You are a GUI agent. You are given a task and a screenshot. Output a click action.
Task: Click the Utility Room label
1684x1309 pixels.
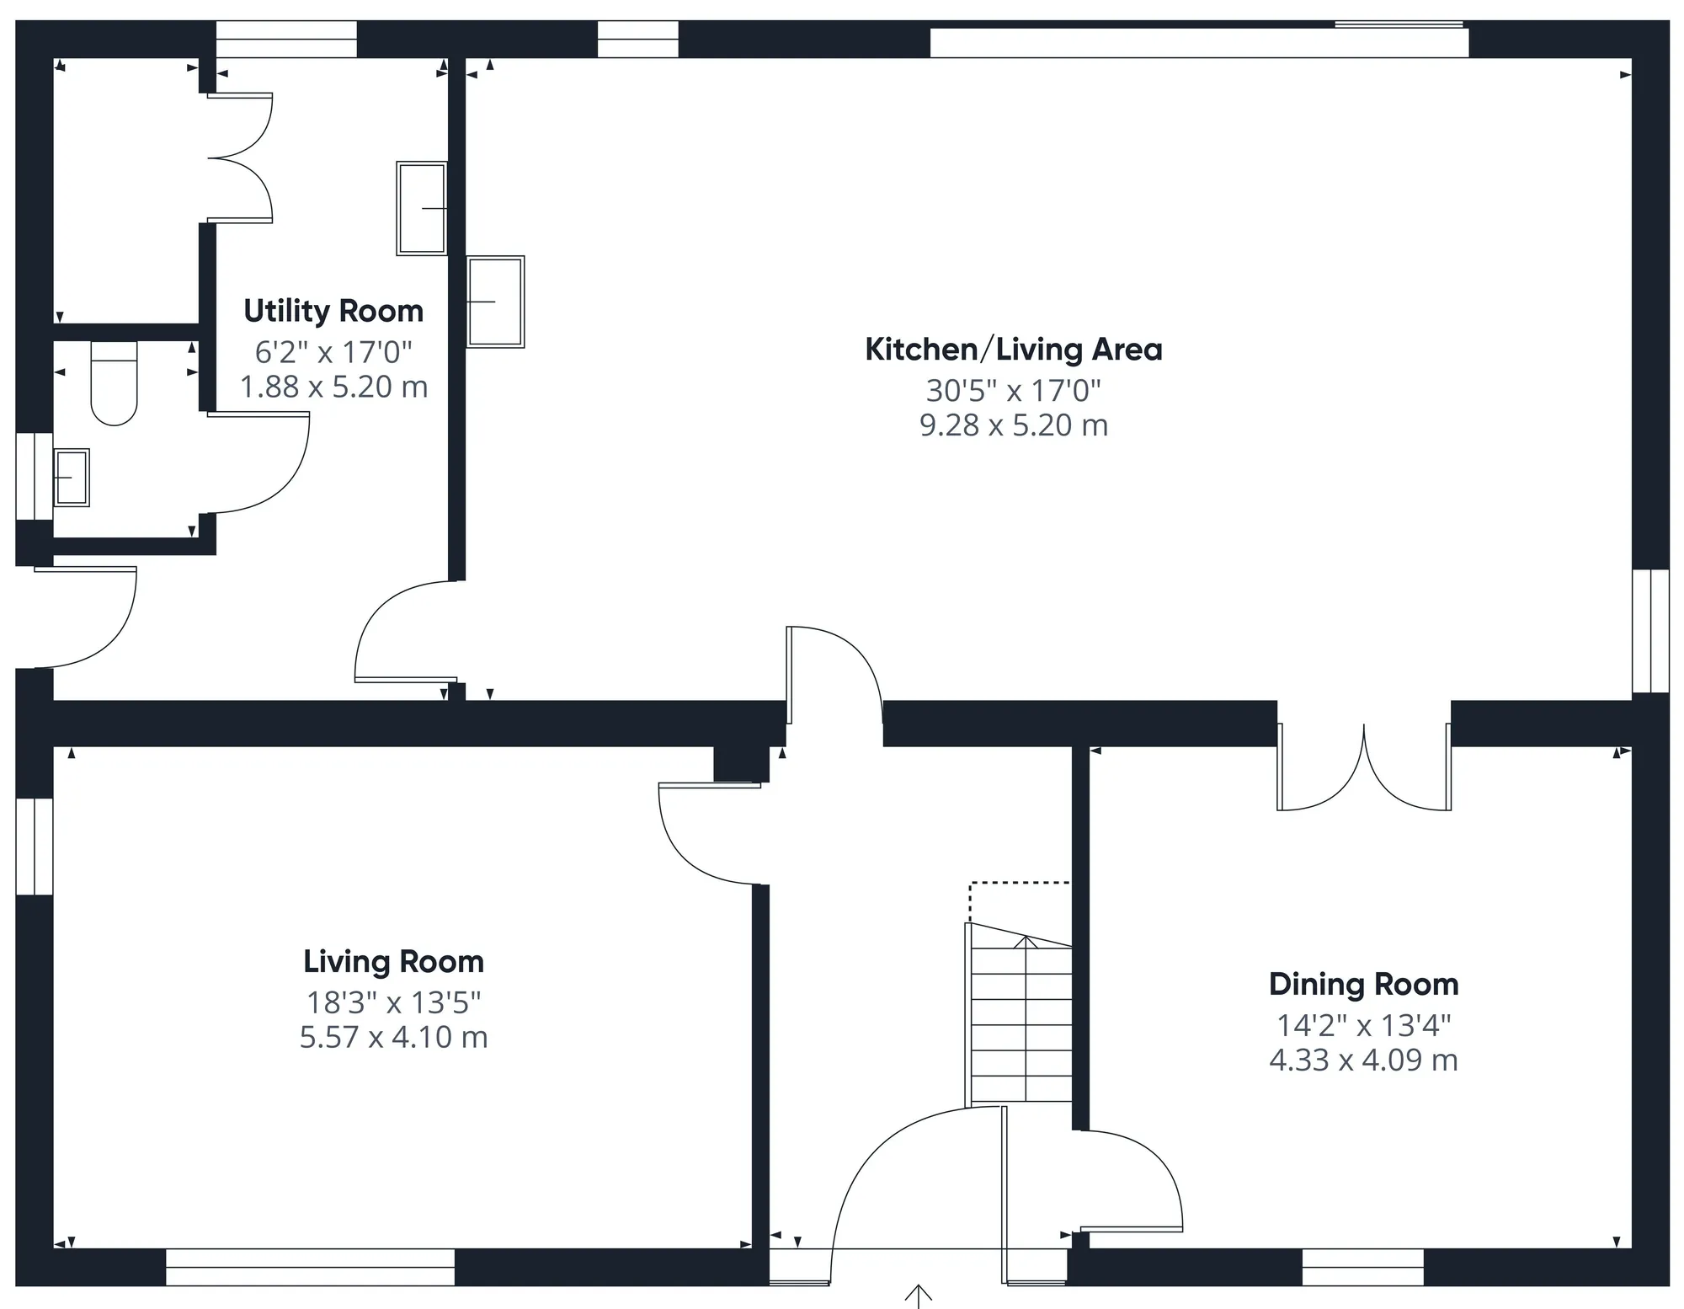tap(333, 311)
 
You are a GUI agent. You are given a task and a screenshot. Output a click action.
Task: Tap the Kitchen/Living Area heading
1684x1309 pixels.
tap(1014, 350)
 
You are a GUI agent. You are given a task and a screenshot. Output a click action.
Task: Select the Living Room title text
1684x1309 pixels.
tap(394, 961)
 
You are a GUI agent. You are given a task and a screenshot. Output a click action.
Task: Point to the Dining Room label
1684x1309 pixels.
tap(1364, 984)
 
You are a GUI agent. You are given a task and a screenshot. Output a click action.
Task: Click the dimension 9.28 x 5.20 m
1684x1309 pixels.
tap(1014, 425)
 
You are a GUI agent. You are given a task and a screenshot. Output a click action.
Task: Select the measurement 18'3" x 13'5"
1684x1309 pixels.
tap(394, 1002)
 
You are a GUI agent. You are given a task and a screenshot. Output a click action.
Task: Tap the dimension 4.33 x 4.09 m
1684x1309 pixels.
tap(1364, 1060)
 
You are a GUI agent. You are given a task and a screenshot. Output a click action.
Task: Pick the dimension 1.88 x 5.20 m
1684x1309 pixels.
tap(334, 387)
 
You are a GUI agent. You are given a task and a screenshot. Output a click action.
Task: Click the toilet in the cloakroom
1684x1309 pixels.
tap(114, 383)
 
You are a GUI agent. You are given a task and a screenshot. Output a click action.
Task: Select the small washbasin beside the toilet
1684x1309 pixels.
tap(72, 478)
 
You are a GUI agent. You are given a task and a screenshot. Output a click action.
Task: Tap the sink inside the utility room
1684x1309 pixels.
tap(422, 208)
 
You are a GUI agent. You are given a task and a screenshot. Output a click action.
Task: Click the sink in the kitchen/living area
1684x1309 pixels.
tap(496, 302)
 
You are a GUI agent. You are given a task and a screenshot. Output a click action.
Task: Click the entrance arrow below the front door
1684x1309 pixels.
tap(918, 1296)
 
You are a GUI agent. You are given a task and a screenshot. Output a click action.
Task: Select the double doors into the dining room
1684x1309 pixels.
tap(1364, 767)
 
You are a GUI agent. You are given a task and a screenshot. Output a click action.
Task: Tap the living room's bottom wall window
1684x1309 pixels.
tap(310, 1267)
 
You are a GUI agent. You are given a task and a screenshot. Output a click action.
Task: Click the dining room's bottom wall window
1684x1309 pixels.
tap(1363, 1267)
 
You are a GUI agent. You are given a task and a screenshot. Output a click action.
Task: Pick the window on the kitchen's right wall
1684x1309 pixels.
tap(1650, 631)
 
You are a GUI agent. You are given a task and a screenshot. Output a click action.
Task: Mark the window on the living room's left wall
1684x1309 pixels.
tap(35, 846)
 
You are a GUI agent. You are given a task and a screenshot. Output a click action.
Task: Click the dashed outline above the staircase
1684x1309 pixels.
tap(1020, 884)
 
